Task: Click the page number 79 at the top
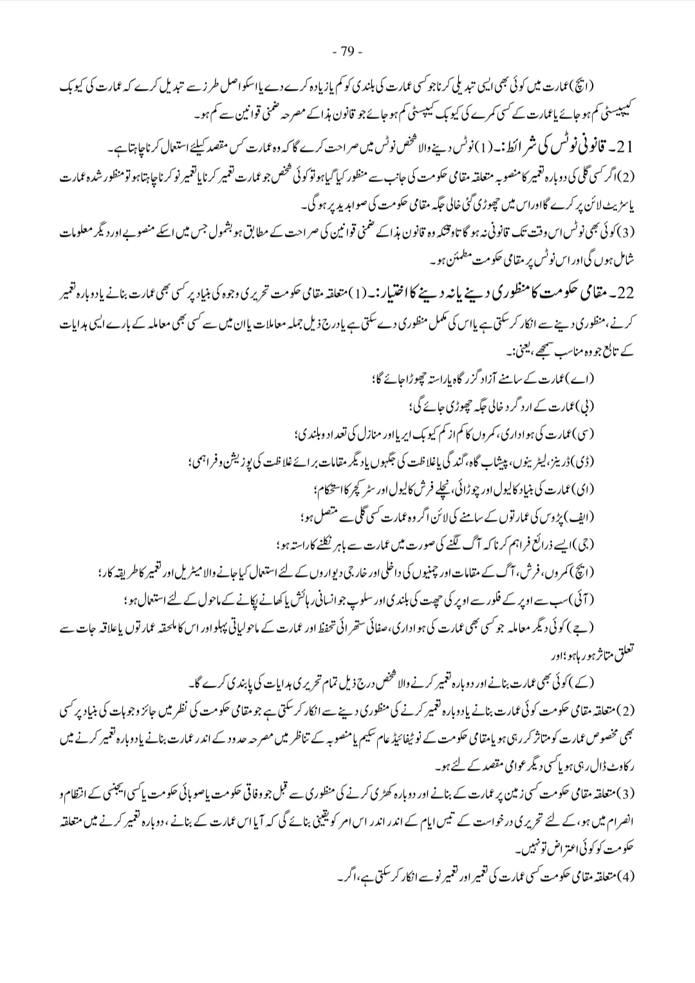coord(347,51)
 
